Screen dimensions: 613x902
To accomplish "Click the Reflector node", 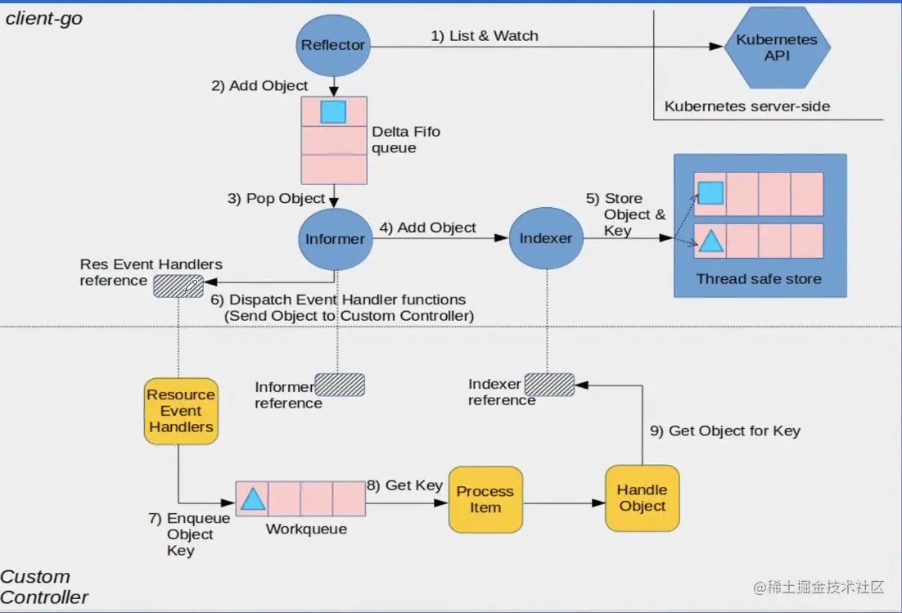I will (332, 45).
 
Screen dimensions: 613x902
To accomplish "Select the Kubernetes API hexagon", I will (777, 47).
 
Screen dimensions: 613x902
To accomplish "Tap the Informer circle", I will (334, 238).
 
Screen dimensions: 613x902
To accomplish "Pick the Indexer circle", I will (546, 238).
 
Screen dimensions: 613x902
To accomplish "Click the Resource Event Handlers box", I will (181, 411).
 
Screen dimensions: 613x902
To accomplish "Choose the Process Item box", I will (485, 499).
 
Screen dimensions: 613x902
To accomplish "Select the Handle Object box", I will (642, 498).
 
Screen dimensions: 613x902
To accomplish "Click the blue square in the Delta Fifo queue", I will (333, 111).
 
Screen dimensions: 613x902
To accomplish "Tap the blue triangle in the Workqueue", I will (253, 498).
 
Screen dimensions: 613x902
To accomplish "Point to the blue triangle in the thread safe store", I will (710, 241).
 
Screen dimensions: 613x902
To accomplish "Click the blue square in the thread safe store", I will (710, 193).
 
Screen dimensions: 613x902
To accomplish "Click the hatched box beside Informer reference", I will (340, 385).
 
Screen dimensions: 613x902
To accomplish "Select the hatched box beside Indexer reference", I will (549, 385).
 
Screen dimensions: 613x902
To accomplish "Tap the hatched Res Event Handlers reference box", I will (178, 286).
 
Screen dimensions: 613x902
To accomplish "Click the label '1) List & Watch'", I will (485, 36).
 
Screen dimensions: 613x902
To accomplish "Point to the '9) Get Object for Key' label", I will (725, 430).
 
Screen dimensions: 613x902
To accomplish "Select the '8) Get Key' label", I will (404, 485).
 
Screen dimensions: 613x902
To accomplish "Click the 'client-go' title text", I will (44, 18).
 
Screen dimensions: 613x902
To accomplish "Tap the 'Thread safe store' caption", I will (759, 279).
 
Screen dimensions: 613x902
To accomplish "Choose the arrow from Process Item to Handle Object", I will (564, 503).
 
